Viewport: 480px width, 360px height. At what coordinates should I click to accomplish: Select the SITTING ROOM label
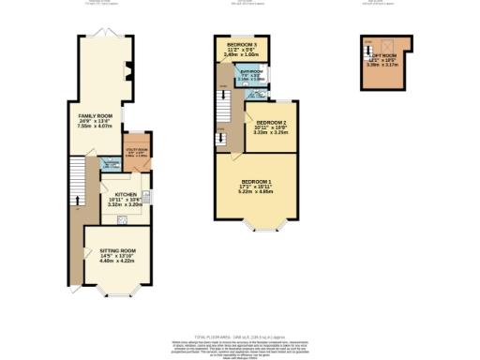[118, 250]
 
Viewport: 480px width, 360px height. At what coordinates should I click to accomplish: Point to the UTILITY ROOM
[137, 147]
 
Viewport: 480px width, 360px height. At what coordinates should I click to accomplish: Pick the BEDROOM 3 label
[241, 44]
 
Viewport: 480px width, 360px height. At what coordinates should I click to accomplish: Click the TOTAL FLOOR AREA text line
[239, 336]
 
